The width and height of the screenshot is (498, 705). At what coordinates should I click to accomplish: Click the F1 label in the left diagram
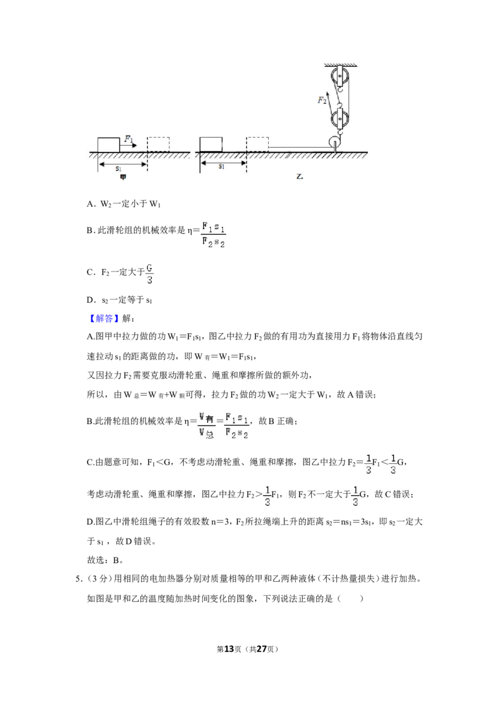[128, 139]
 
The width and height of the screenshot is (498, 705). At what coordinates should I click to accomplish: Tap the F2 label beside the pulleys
[322, 100]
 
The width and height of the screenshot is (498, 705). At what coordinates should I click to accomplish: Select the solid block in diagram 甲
[109, 144]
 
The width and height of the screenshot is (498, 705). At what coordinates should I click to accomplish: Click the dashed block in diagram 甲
[158, 144]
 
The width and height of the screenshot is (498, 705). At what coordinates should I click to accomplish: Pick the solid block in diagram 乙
[211, 144]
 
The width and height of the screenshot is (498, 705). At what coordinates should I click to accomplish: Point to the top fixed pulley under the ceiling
[340, 77]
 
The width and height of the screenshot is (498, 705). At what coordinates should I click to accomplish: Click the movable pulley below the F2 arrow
[340, 119]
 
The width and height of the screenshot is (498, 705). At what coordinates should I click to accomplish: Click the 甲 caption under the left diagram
[123, 177]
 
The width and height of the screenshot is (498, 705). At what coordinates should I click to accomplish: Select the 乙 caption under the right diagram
[300, 176]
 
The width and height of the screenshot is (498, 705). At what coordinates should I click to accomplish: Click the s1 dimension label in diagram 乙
[221, 166]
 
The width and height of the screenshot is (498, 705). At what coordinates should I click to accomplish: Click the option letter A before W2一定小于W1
[90, 204]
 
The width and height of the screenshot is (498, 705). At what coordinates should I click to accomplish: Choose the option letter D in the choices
[90, 300]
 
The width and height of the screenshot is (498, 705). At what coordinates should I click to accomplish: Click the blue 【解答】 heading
[105, 318]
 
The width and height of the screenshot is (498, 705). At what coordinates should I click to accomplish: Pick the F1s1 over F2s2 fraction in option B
[214, 235]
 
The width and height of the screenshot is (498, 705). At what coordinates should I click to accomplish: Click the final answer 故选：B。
[105, 561]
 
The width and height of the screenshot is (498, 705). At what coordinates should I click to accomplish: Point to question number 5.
[78, 579]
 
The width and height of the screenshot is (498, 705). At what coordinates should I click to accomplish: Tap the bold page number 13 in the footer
[229, 649]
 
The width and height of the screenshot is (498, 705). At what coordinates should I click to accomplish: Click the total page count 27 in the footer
[262, 649]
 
